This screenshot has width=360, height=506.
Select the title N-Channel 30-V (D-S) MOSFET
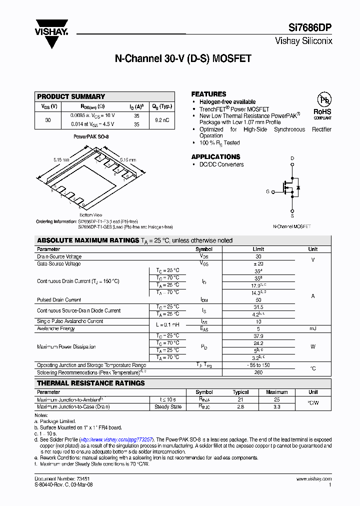click(183, 58)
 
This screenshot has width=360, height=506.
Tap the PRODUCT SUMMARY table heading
click(71, 96)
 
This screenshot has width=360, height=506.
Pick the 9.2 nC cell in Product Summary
click(162, 120)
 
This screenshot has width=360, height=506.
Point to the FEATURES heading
click(208, 94)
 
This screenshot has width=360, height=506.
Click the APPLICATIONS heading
click(215, 156)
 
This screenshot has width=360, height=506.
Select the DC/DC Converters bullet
click(221, 164)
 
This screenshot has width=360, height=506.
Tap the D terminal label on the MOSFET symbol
click(292, 158)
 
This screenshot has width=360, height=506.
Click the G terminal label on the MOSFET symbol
click(267, 191)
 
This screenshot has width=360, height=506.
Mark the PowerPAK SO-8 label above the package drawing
click(91, 136)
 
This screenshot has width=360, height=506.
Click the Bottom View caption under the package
click(90, 214)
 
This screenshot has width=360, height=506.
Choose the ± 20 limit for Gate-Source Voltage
click(258, 263)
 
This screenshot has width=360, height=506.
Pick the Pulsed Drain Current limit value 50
click(258, 300)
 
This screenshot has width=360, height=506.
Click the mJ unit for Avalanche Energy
click(312, 328)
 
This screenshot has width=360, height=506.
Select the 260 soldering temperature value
click(258, 372)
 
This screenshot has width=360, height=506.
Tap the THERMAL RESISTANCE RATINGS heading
click(91, 383)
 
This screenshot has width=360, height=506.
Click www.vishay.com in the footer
click(313, 479)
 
